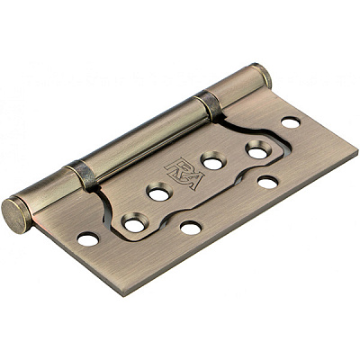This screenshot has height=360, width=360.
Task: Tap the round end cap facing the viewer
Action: point(14,215)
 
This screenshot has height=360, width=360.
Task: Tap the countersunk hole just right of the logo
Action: point(213,162)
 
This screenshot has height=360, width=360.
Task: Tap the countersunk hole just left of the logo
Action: point(158,193)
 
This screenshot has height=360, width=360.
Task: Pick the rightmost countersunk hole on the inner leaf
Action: point(257,151)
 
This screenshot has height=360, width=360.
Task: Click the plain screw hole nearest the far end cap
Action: point(290,121)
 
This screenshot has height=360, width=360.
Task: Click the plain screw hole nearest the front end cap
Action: point(88,239)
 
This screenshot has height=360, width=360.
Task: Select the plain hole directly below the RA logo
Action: point(190,228)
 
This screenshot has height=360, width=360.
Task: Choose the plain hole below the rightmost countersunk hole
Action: point(267,183)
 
